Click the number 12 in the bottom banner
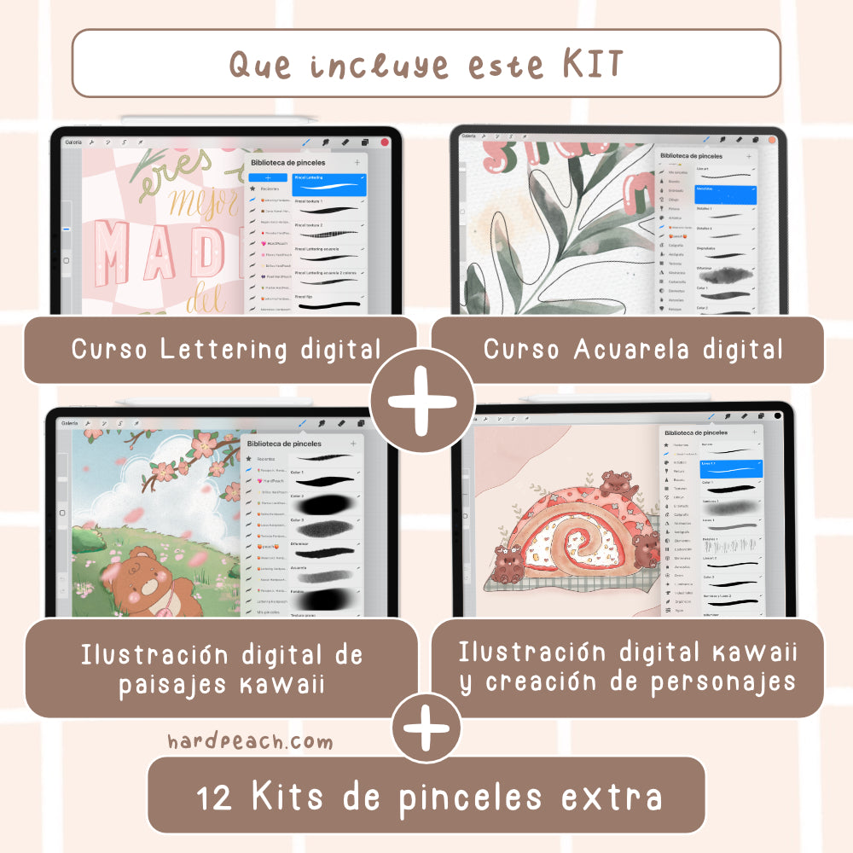pyautogui.click(x=213, y=798)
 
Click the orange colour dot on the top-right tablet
pyautogui.click(x=772, y=139)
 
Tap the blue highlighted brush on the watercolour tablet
pyautogui.click(x=725, y=195)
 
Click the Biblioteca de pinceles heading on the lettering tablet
pyautogui.click(x=287, y=161)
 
